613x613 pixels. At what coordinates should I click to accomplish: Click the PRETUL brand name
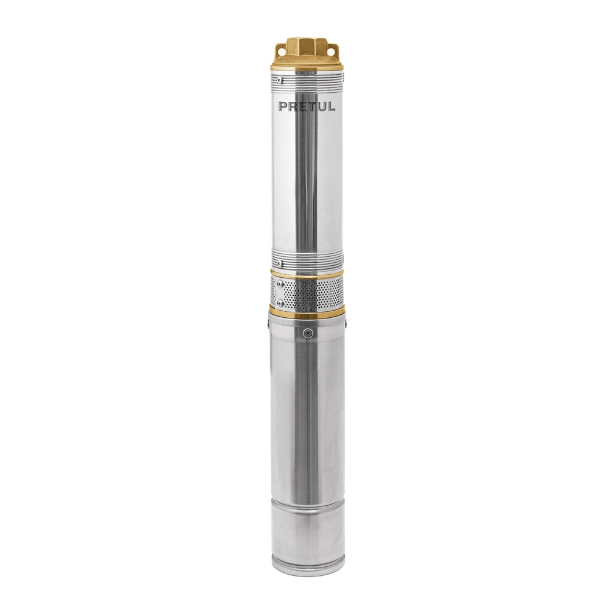(306, 107)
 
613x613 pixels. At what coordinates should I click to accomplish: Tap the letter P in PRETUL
(283, 107)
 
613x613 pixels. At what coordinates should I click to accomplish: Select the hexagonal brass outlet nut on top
(307, 46)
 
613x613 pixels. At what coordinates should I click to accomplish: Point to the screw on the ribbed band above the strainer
(280, 262)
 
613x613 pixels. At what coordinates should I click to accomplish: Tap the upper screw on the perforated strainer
(280, 283)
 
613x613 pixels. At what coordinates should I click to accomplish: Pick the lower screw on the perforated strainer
(280, 303)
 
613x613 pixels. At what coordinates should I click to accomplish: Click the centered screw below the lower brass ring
(308, 332)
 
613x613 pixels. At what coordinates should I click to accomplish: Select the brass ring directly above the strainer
(306, 273)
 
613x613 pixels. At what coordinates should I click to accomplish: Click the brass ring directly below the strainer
(306, 311)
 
